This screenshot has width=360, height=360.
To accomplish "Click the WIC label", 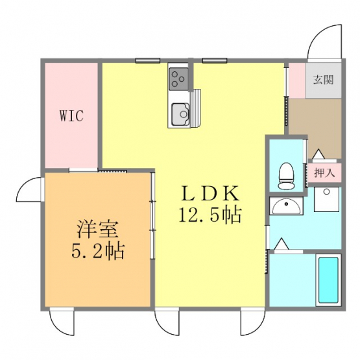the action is click(x=71, y=115).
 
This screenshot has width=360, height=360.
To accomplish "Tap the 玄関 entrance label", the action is click(x=323, y=80).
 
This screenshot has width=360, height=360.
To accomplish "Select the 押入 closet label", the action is click(x=324, y=173).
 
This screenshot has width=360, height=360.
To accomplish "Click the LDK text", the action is click(x=210, y=193).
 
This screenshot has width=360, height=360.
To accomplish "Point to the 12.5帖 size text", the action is click(x=210, y=215).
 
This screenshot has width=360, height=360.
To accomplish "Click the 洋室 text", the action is click(x=97, y=230).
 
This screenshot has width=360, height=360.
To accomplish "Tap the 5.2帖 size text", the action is click(x=98, y=251).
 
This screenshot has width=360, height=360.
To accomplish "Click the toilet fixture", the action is click(x=286, y=176).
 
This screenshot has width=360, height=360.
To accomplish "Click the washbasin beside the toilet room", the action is click(x=286, y=206).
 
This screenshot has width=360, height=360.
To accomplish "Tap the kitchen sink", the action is click(x=180, y=114).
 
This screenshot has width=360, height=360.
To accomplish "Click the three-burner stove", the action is click(x=178, y=79).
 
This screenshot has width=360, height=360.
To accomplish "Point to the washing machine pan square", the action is click(x=326, y=199).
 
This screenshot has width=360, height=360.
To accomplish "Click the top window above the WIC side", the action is click(x=148, y=60).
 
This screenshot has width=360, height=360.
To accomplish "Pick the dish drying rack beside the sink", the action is click(x=197, y=108).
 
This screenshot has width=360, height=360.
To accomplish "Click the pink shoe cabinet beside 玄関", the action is click(x=297, y=80).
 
